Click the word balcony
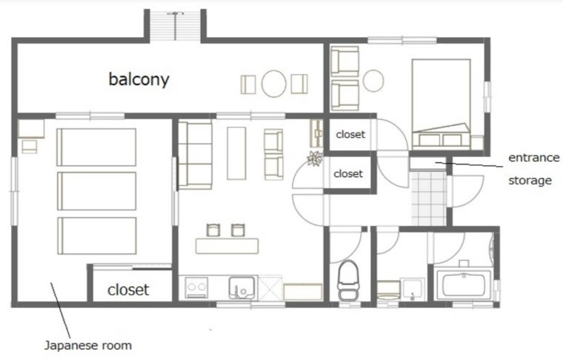click(x=139, y=79)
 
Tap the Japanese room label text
click(x=88, y=346)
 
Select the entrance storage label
click(x=533, y=169)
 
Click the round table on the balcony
click(x=273, y=83)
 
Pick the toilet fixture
click(x=348, y=279)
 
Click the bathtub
click(x=464, y=284)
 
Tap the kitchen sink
click(x=242, y=287)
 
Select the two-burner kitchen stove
click(x=196, y=287)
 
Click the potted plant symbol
click(x=315, y=159)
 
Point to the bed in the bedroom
click(x=442, y=104)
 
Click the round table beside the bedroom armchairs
click(x=373, y=81)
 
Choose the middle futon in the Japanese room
click(x=96, y=191)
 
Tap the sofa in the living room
click(x=195, y=155)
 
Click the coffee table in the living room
click(x=236, y=153)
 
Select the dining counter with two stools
click(x=227, y=246)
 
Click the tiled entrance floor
click(x=429, y=199)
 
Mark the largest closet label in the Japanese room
click(x=128, y=290)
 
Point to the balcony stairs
click(x=175, y=26)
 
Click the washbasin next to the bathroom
click(x=413, y=289)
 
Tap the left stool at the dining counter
click(x=213, y=230)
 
